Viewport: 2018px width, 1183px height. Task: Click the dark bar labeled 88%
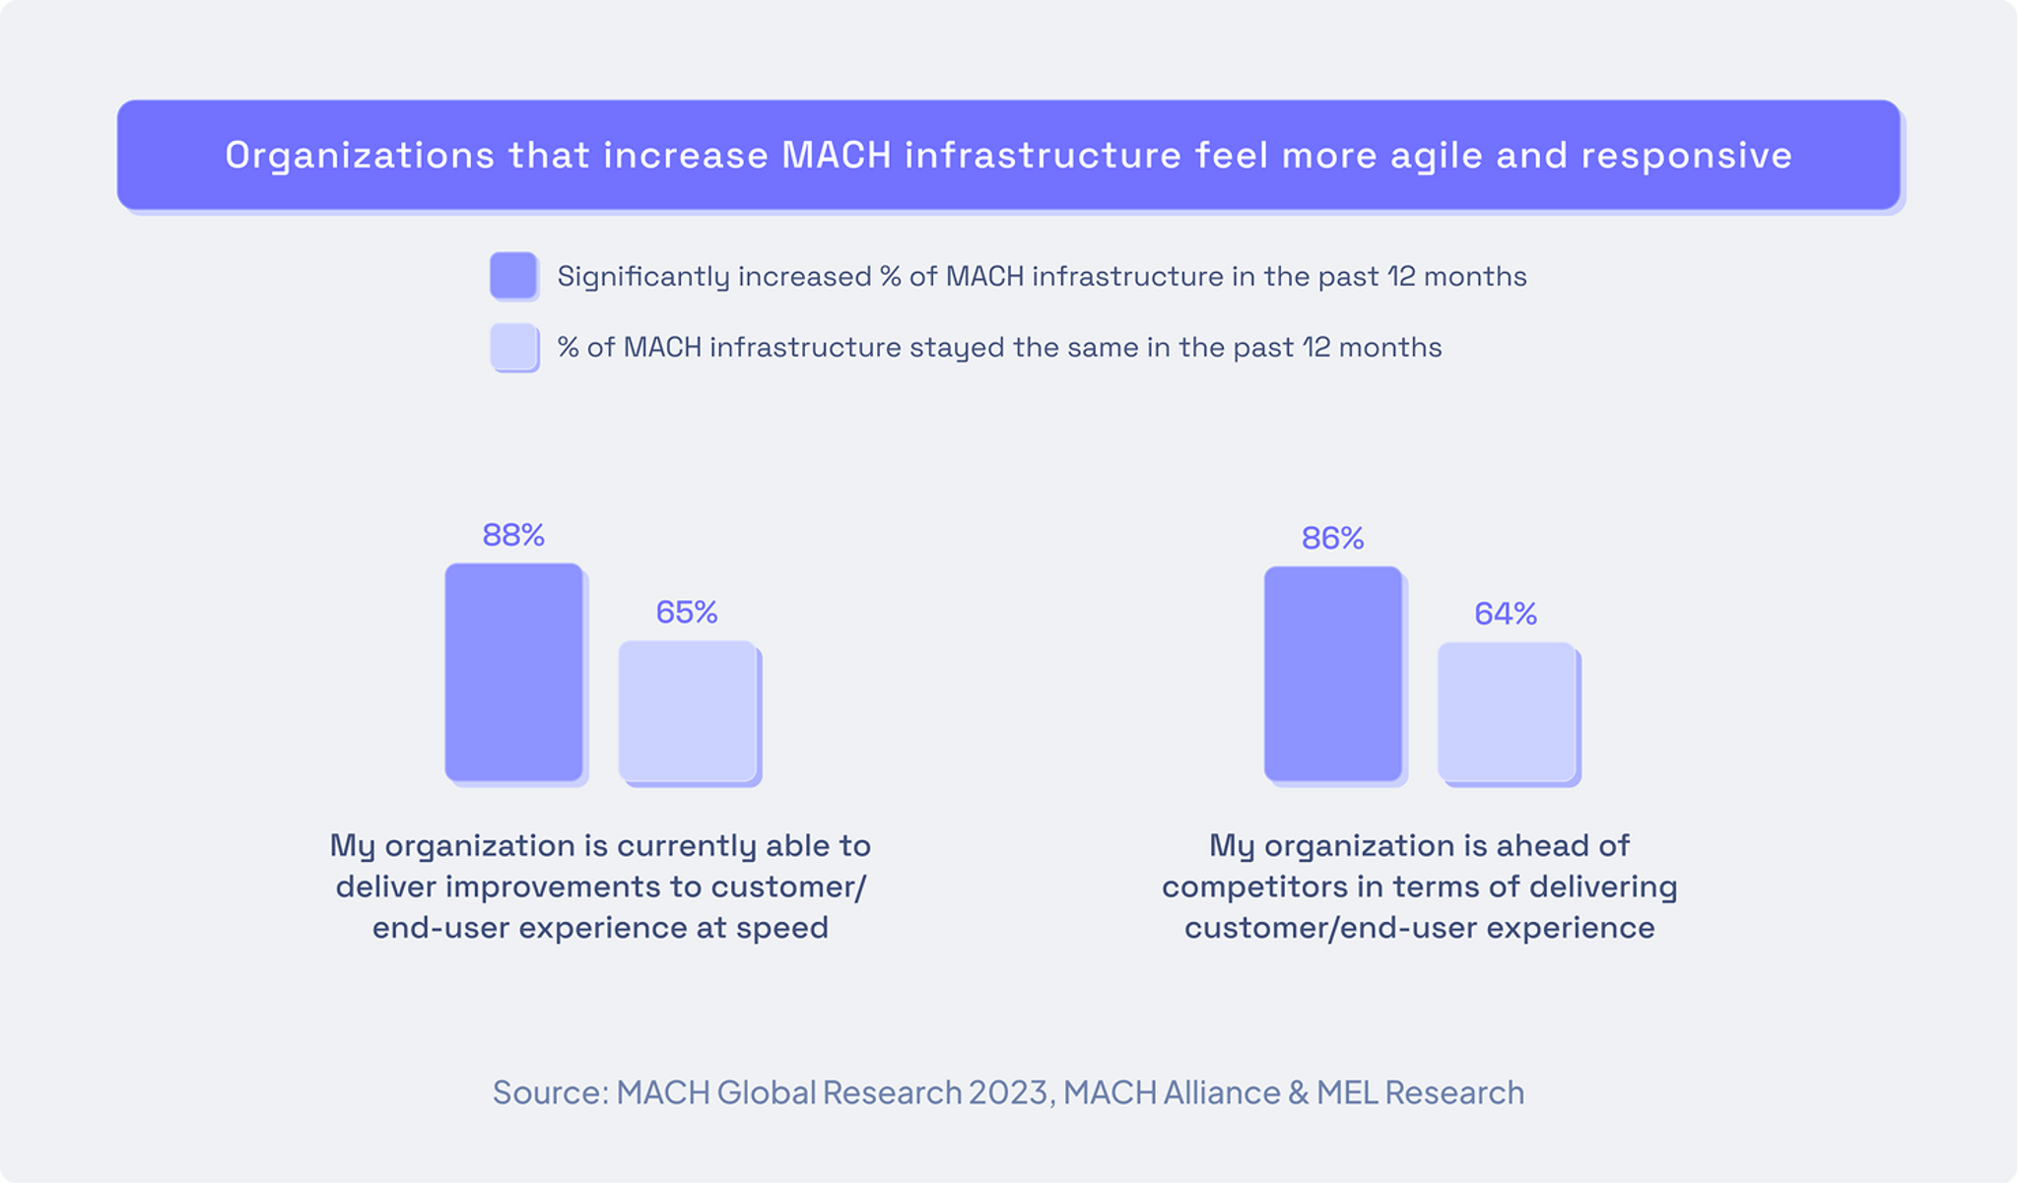coord(513,672)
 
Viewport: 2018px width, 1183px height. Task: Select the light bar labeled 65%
coord(687,711)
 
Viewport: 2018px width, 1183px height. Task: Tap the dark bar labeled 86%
coord(1332,674)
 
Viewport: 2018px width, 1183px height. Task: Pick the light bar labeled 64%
coord(1506,712)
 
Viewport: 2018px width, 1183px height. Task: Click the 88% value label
coord(513,535)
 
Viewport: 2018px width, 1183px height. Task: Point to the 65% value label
coord(687,613)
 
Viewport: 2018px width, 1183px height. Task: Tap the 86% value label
coord(1332,538)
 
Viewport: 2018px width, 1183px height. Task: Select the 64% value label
coord(1506,615)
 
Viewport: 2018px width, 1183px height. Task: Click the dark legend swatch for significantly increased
coord(513,276)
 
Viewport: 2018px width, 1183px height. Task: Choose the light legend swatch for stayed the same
coord(513,347)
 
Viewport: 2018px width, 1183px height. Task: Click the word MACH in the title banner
coord(837,156)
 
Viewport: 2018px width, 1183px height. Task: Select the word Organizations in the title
coord(360,156)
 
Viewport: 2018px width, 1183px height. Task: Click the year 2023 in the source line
coord(1008,1092)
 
